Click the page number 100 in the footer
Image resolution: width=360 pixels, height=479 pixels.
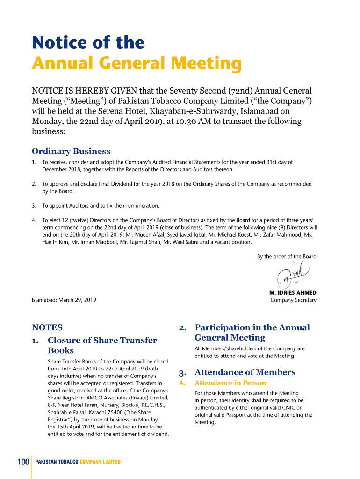(23, 462)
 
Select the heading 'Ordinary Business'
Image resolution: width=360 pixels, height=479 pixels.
(71, 151)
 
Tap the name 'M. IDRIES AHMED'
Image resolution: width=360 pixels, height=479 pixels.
(293, 293)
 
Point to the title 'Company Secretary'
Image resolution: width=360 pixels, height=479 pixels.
(293, 300)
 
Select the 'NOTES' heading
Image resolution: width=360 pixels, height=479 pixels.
(47, 327)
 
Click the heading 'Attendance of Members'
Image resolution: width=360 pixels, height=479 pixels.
(245, 372)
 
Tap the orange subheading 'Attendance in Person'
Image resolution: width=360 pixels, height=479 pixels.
(230, 383)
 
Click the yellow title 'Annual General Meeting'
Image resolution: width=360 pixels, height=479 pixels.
(137, 64)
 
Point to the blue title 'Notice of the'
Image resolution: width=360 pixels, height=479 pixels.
(88, 43)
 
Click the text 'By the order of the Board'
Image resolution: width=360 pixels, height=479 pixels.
(287, 256)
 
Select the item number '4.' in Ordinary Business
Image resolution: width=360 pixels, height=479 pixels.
(34, 220)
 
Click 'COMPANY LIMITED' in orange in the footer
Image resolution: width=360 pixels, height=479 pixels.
(100, 462)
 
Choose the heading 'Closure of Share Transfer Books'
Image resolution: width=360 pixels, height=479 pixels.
(102, 345)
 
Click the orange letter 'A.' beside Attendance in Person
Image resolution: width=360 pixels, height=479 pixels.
(183, 383)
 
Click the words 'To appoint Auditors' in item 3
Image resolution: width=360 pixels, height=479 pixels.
(67, 206)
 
